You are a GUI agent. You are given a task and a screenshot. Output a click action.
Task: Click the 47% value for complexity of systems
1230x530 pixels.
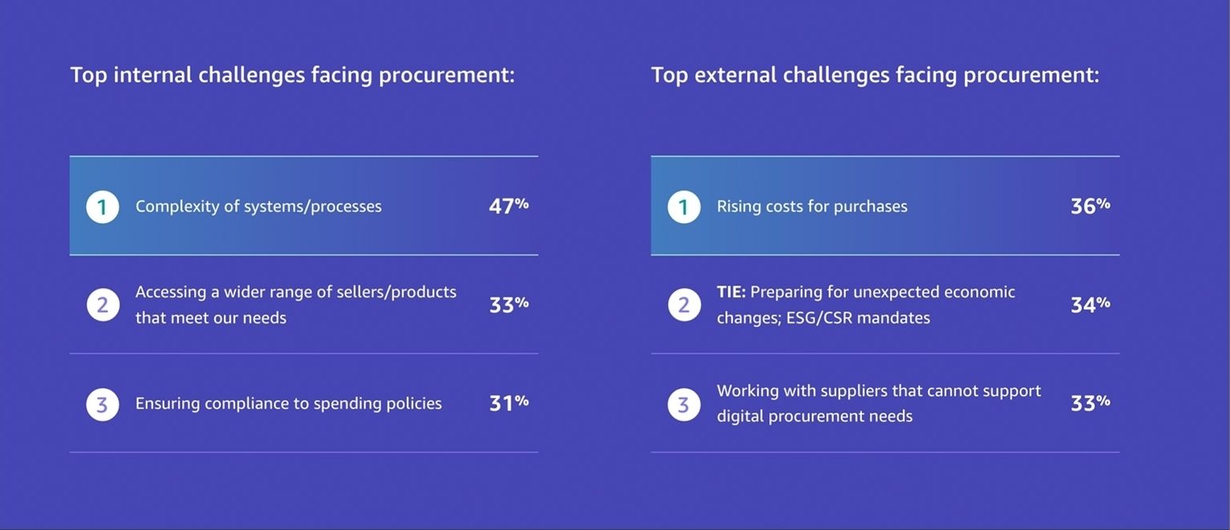(508, 206)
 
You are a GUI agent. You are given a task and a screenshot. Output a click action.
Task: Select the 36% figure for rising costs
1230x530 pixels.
(1090, 206)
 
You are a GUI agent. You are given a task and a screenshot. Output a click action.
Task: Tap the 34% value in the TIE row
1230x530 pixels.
(1090, 304)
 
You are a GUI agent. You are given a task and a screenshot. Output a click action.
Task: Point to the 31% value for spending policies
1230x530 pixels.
(508, 403)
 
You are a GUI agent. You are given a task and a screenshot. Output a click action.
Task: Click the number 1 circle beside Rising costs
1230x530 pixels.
(684, 207)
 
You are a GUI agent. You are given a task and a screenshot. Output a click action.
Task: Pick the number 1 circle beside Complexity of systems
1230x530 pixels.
(102, 207)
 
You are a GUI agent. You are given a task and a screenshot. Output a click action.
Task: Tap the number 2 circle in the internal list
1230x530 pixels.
(102, 305)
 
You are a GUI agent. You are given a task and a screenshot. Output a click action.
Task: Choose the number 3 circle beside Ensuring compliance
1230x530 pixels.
(102, 404)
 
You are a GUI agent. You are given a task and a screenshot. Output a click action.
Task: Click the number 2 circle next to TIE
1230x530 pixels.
(684, 305)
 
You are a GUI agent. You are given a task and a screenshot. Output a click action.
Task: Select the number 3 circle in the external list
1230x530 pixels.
(684, 404)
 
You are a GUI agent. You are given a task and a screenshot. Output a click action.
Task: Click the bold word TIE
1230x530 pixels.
(731, 292)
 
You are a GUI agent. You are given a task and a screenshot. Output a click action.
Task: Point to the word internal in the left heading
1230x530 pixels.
(153, 75)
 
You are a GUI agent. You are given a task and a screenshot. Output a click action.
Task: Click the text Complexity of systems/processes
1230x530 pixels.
(259, 206)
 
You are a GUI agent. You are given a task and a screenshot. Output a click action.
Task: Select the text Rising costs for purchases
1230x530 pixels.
(812, 206)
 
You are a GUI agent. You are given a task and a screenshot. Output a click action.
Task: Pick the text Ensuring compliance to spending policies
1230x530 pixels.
(288, 404)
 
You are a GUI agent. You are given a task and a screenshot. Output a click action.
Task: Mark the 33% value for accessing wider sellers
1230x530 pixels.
(508, 304)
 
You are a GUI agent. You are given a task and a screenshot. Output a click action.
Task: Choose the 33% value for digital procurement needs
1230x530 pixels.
(1090, 403)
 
